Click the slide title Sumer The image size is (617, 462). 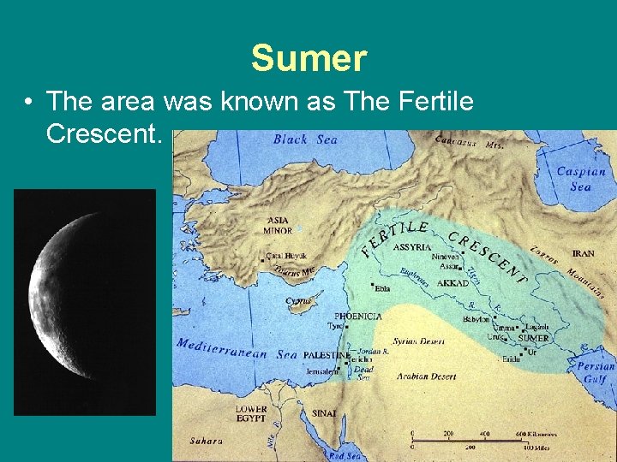[308, 59]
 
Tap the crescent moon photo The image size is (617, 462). [84, 302]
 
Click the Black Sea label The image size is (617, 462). [305, 139]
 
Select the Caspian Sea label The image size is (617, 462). [580, 179]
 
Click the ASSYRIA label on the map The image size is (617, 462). [412, 247]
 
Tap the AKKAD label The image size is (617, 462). [452, 282]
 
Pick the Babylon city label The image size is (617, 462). [476, 319]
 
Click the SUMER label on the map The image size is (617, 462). [533, 338]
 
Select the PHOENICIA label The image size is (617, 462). [357, 316]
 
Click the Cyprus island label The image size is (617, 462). [298, 301]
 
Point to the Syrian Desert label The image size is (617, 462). [418, 341]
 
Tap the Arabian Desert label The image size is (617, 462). [425, 376]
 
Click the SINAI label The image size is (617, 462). [324, 413]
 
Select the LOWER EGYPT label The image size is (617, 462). [251, 414]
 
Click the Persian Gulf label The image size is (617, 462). [595, 372]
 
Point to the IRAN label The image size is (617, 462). [583, 253]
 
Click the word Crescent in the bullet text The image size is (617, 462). [103, 133]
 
